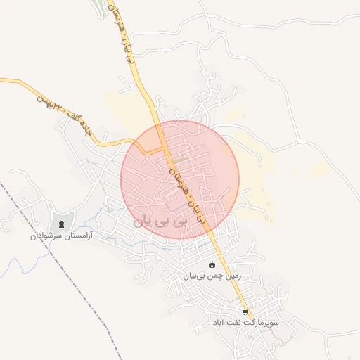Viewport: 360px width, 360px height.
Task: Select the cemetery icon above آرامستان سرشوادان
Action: pyautogui.click(x=63, y=225)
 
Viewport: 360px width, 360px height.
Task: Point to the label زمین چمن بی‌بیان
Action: pyautogui.click(x=212, y=276)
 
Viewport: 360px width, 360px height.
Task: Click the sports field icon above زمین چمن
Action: pyautogui.click(x=212, y=264)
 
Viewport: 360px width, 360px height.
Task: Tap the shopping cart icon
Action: pyautogui.click(x=245, y=312)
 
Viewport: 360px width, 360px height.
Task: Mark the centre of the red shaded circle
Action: pyautogui.click(x=180, y=179)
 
